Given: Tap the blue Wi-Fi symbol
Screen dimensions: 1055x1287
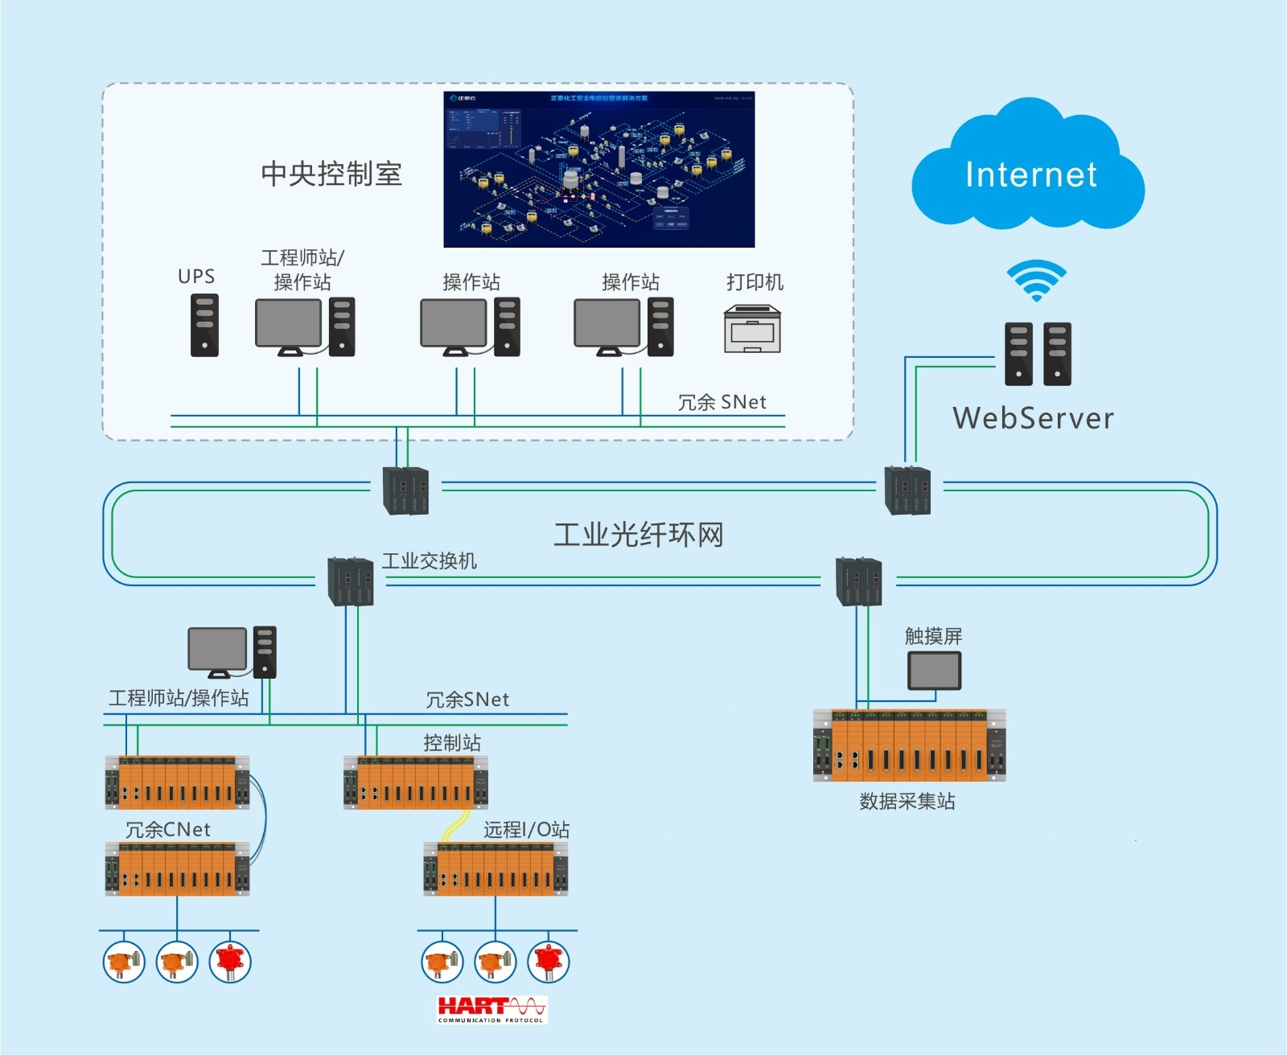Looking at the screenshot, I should coord(1036,280).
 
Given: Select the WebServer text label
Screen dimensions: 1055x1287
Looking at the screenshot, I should coord(1034,418).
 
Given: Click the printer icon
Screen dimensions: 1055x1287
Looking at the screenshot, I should coord(752,329).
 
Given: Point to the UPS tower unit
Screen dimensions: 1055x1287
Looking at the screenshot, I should coord(204,325).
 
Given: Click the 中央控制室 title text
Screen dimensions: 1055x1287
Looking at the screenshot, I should coord(331,174).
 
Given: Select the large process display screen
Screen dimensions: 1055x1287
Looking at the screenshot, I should coord(598,169).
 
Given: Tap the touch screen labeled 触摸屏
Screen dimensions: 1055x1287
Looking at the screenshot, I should coord(934,671).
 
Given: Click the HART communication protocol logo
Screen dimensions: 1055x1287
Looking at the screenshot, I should coord(491,1009).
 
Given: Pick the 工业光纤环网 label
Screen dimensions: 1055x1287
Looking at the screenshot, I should coord(639,535).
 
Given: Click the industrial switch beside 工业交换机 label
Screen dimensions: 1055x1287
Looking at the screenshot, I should coord(351,581).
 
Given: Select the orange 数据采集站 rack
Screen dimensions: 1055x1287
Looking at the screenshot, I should coord(909,745).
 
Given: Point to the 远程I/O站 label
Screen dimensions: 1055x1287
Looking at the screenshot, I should coord(526,829).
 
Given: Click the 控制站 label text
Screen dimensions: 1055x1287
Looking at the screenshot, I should coord(452,742).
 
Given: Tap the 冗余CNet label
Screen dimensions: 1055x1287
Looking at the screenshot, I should coord(168,829).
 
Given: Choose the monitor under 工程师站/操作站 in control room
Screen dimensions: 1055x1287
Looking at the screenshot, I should coord(288,324).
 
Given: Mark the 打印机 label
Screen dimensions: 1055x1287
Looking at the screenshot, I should coord(755,281).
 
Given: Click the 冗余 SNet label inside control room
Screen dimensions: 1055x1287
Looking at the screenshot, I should coord(722,402).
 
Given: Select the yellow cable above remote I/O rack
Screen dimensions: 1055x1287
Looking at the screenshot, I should coord(456,825).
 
